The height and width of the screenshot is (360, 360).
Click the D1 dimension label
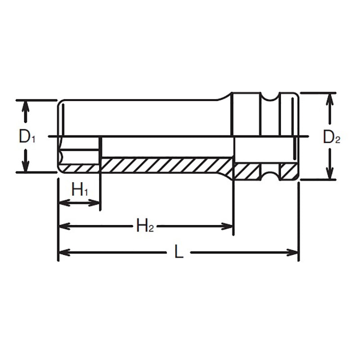pyautogui.click(x=26, y=137)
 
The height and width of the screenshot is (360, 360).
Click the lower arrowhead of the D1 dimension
pyautogui.click(x=26, y=167)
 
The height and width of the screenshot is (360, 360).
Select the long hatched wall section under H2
pyautogui.click(x=166, y=164)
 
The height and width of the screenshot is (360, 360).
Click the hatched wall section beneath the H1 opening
pyautogui.click(x=79, y=168)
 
